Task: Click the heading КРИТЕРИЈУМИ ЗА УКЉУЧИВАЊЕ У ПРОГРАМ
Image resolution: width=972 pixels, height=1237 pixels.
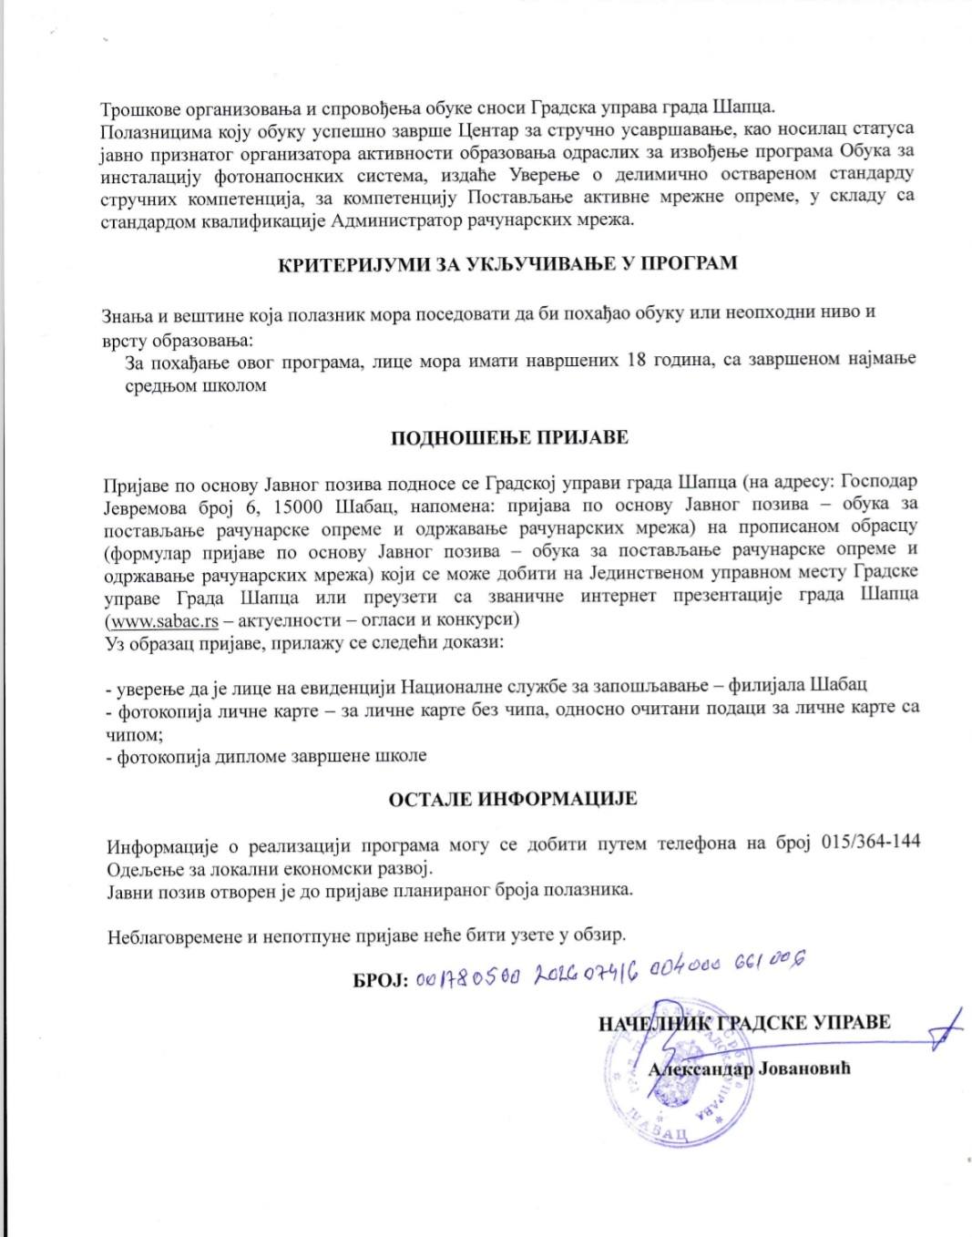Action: [x=507, y=264]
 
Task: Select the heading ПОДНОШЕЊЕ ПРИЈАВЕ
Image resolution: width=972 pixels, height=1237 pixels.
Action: [x=509, y=438]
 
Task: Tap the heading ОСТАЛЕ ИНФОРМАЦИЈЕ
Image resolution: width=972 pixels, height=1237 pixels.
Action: [x=513, y=799]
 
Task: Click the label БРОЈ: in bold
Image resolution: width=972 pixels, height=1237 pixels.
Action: [x=380, y=980]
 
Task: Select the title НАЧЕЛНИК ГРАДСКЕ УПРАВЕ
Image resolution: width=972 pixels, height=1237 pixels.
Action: [x=743, y=1022]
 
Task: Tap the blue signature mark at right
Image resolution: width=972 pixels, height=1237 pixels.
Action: [x=946, y=1029]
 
